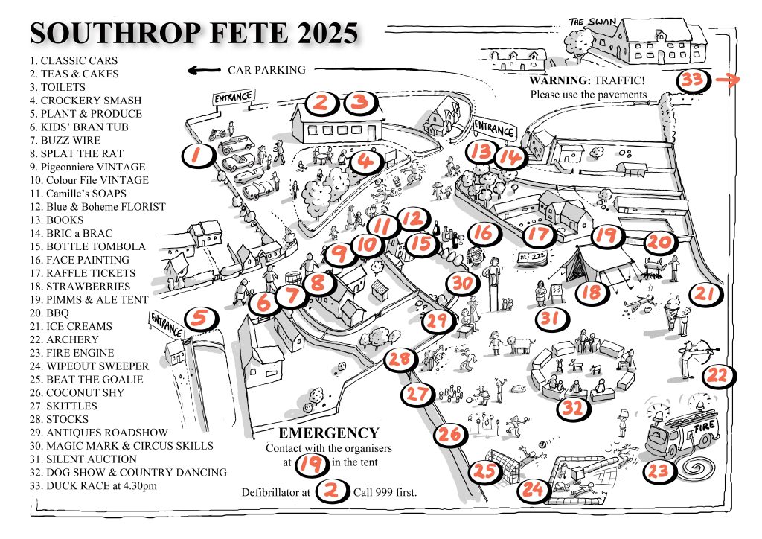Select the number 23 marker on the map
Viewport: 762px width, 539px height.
pyautogui.click(x=659, y=471)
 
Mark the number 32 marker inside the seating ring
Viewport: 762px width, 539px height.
pyautogui.click(x=571, y=407)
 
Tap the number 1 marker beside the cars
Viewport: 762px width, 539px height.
pyautogui.click(x=196, y=155)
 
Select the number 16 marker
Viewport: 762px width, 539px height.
pyautogui.click(x=482, y=234)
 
